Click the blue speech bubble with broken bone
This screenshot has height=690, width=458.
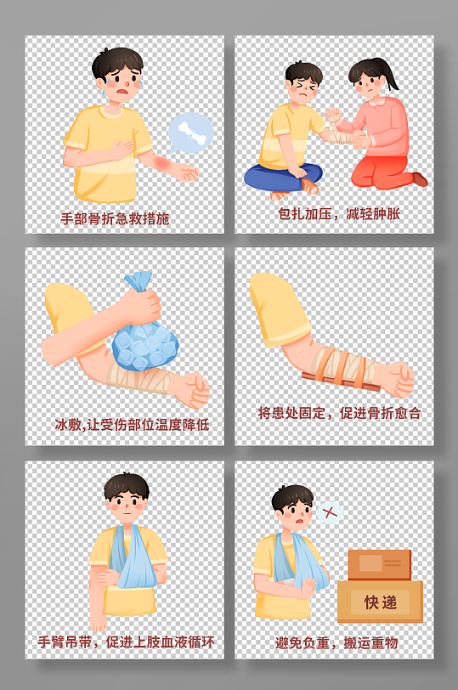click(191, 133)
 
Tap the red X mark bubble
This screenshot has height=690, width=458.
click(330, 512)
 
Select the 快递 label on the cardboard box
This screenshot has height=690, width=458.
click(381, 602)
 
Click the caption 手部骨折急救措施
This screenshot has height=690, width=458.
click(115, 218)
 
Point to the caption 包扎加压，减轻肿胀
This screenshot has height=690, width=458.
click(339, 214)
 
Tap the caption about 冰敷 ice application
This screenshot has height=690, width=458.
click(132, 425)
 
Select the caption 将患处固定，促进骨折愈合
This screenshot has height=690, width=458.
click(339, 413)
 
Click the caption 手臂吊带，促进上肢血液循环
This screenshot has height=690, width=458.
click(127, 642)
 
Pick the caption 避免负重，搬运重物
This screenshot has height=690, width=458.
click(336, 643)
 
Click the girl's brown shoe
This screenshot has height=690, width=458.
click(420, 179)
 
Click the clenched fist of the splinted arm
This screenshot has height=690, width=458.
click(399, 378)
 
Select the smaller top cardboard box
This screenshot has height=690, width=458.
click(379, 565)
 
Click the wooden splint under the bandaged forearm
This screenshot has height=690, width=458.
click(341, 382)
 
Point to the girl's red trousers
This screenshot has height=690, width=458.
click(382, 172)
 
